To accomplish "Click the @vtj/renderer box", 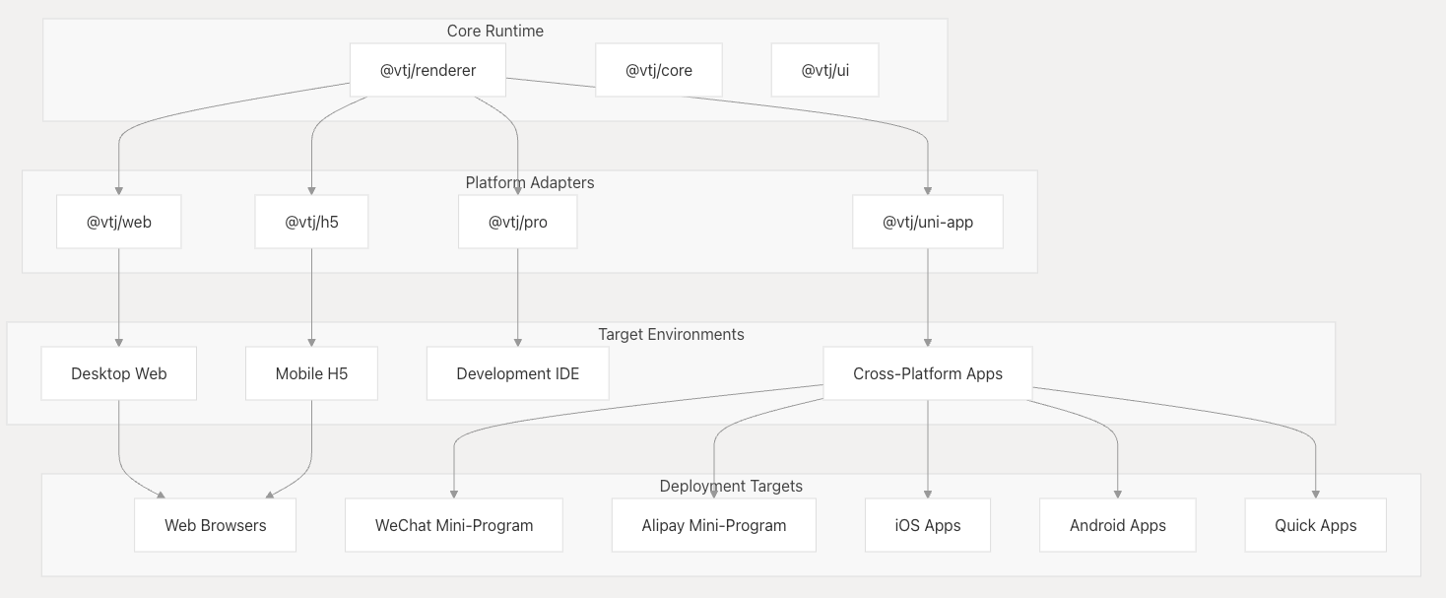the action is [427, 70].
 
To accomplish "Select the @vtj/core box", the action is [658, 70].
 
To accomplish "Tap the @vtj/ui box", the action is [825, 70].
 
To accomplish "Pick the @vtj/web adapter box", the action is [119, 222].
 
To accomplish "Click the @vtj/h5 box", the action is [311, 222].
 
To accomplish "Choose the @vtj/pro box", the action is [518, 222].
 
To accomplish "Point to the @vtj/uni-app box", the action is [928, 222].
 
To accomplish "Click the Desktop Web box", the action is [119, 373].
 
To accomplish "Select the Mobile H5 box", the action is [311, 373].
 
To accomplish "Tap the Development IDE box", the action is [518, 373].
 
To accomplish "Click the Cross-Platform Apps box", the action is [928, 373].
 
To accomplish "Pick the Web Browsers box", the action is [215, 525].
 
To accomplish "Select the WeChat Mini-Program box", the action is [454, 525].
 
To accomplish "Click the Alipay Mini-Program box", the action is [714, 525].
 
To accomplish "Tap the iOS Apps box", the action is [928, 525].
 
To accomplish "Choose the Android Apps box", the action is [1117, 525].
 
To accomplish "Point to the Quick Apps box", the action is [1316, 525].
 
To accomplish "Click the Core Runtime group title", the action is [495, 31].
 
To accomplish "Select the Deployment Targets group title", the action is [731, 487].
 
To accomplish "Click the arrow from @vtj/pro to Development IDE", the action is [518, 298].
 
